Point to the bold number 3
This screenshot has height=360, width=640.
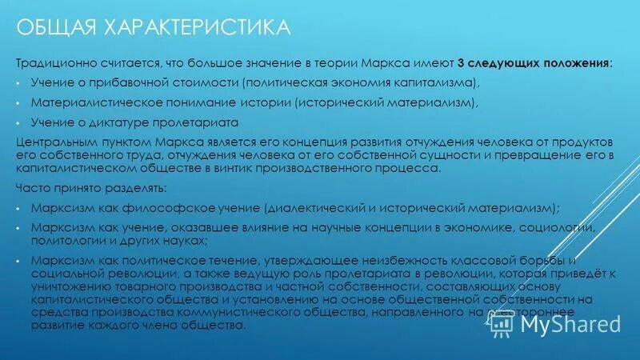(x=461, y=63)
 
